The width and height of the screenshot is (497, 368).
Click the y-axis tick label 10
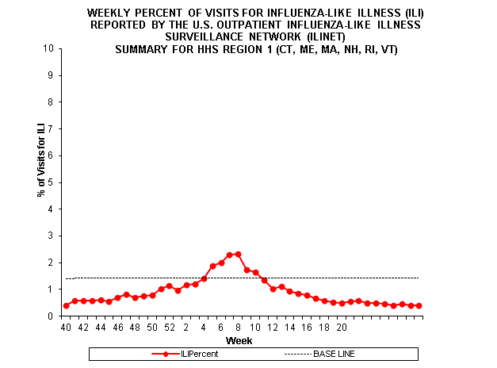[x=49, y=48]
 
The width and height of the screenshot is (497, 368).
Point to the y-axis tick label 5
[x=52, y=182]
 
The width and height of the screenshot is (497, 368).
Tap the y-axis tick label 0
[x=52, y=316]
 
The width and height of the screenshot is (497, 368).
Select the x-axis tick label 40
[x=66, y=327]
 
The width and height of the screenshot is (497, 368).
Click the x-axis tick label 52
[x=169, y=327]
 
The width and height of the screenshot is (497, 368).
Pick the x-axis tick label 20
[x=341, y=327]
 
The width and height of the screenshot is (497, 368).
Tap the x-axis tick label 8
[x=238, y=327]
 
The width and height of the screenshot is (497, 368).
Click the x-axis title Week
[x=239, y=340]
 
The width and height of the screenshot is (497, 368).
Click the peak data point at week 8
[x=238, y=254]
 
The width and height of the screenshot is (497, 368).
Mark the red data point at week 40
[x=66, y=305]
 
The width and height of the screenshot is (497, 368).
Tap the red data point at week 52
[x=169, y=286]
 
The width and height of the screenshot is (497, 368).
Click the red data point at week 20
[x=341, y=303]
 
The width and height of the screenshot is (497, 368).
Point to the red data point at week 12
[x=273, y=289]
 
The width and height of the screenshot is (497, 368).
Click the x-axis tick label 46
[x=117, y=327]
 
